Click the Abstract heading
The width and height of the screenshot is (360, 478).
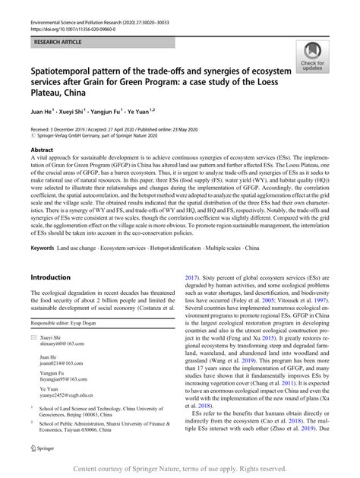point(43,150)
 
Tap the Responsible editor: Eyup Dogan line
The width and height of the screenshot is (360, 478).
point(72,321)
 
